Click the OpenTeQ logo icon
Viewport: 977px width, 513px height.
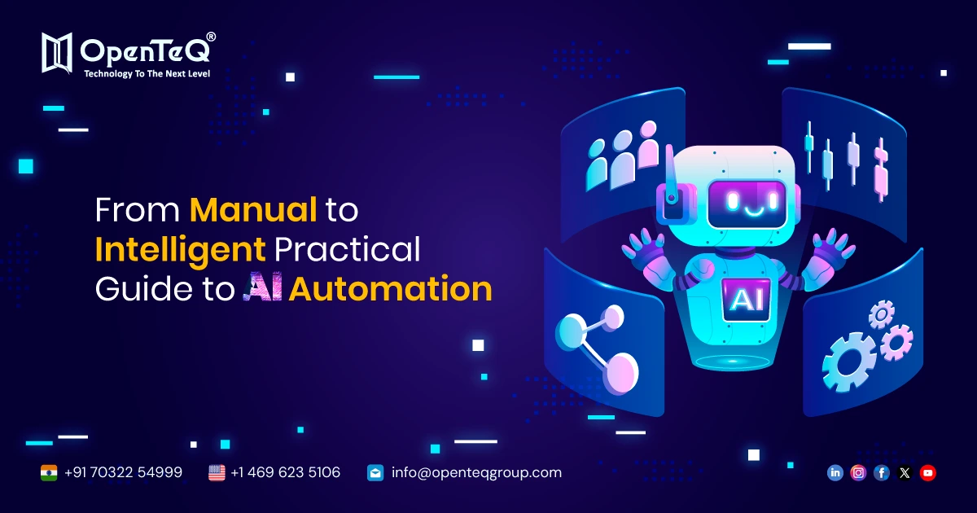click(x=58, y=53)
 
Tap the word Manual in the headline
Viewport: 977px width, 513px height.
click(x=253, y=211)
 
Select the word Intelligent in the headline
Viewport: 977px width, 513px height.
click(x=180, y=250)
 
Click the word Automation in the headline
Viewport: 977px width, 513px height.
click(x=391, y=290)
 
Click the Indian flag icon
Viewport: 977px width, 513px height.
click(x=49, y=472)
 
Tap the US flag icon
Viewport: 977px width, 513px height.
click(x=217, y=472)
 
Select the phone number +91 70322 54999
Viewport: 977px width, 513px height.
click(x=123, y=472)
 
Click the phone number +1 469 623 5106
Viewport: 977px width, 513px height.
click(x=285, y=472)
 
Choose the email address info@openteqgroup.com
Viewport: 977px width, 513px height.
click(x=476, y=472)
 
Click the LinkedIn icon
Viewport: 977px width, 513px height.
click(x=835, y=472)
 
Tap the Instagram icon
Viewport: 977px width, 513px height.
click(x=858, y=472)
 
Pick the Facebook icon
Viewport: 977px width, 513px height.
click(x=881, y=472)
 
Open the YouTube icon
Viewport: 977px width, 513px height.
click(x=927, y=472)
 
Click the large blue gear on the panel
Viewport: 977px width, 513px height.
click(x=848, y=358)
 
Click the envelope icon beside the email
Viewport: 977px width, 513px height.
click(x=375, y=472)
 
